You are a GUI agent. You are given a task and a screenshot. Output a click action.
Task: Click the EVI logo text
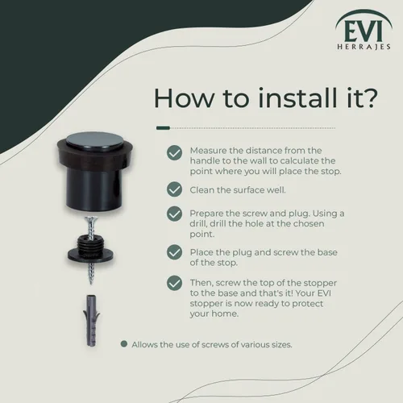click(364, 31)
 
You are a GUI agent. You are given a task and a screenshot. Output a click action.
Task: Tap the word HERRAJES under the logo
click(364, 47)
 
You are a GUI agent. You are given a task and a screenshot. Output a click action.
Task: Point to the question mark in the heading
click(369, 98)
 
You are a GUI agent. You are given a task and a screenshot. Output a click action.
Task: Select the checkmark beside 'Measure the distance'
click(174, 153)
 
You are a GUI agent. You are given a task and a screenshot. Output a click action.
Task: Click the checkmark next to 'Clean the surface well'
click(174, 189)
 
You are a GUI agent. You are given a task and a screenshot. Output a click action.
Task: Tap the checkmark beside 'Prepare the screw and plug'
click(174, 214)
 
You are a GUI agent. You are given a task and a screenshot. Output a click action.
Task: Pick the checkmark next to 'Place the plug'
click(174, 252)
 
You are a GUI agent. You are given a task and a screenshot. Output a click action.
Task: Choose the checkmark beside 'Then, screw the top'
click(174, 283)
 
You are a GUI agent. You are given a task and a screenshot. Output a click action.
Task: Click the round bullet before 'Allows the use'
click(124, 344)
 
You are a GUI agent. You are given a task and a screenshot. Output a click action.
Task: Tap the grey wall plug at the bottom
click(91, 321)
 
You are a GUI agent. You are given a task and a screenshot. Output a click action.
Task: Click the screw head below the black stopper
click(91, 219)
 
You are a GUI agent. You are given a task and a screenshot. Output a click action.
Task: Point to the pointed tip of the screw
click(91, 283)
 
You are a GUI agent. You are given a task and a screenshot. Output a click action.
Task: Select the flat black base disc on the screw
click(90, 254)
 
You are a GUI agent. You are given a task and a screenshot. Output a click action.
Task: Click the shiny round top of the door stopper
click(94, 140)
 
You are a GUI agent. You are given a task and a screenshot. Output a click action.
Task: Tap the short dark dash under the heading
click(163, 128)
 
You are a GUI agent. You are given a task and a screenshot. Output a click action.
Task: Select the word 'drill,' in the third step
click(198, 223)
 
